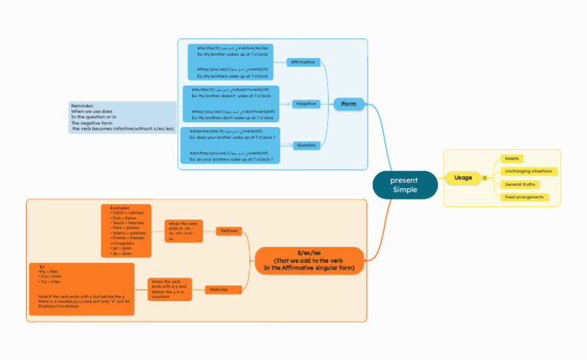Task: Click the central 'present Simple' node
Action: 405,184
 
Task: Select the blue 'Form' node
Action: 349,103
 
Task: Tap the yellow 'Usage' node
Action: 462,177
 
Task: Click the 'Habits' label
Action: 511,158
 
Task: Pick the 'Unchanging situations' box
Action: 527,171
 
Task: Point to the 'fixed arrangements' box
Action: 524,197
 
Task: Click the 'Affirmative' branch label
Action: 303,62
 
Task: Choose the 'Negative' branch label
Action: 306,102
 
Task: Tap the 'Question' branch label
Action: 306,144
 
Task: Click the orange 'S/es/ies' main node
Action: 310,260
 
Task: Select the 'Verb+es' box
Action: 229,230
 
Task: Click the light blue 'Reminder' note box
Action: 122,117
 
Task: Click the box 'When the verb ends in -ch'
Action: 183,231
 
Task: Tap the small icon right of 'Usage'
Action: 484,178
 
